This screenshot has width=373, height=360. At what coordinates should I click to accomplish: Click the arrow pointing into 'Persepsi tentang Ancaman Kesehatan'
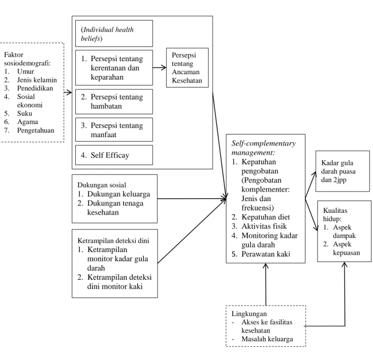click(160, 68)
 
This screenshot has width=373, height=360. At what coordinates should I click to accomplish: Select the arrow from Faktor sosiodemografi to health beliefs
click(68, 92)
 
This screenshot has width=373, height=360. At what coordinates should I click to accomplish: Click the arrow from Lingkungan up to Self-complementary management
click(266, 284)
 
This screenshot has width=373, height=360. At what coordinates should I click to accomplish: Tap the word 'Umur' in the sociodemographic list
click(25, 71)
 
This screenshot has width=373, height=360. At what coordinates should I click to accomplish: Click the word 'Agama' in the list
click(28, 122)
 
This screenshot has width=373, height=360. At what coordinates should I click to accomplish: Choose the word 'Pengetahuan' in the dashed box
click(36, 131)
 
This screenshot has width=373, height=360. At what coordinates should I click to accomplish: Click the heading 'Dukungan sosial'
click(102, 185)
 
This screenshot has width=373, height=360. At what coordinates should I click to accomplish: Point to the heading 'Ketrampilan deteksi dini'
click(113, 240)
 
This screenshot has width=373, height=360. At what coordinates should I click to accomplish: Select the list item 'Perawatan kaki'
click(266, 254)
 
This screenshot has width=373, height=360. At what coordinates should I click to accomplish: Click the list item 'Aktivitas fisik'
click(264, 226)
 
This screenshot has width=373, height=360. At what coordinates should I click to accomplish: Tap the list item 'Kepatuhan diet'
click(266, 217)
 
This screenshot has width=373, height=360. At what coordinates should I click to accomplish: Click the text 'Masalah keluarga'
click(267, 339)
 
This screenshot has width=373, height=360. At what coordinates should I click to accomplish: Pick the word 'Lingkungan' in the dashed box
click(249, 314)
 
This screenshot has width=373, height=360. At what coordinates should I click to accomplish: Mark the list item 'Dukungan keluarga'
click(119, 194)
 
